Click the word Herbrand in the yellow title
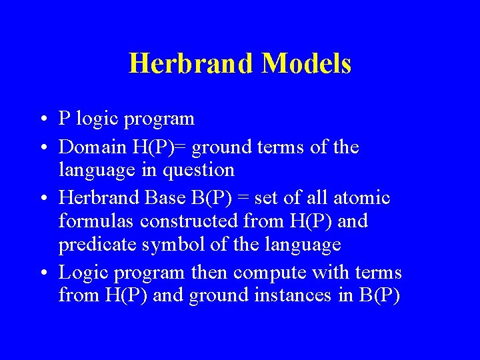click(191, 63)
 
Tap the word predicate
click(98, 244)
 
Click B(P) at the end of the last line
click(378, 295)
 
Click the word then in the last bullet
click(209, 272)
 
